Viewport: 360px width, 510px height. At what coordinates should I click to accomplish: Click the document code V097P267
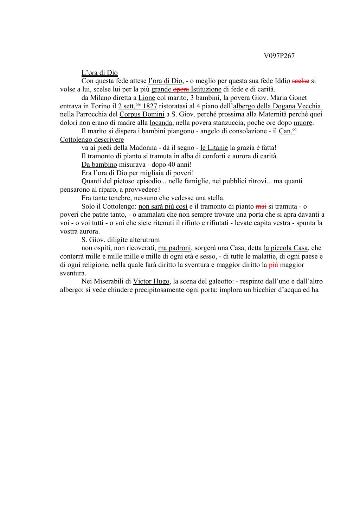[279, 56]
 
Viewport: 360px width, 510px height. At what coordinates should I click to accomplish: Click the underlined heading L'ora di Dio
[99, 73]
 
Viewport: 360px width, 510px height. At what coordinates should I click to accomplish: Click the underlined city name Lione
[147, 98]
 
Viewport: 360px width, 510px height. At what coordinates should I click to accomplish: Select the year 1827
[150, 106]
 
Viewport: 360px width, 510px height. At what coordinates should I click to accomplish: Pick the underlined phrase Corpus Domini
[142, 114]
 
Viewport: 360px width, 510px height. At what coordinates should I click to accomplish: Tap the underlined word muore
[303, 123]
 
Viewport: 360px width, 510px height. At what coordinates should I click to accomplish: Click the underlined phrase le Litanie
[214, 148]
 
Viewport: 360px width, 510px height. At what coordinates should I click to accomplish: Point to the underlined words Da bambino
[99, 165]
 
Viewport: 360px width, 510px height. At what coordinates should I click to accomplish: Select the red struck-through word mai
[261, 206]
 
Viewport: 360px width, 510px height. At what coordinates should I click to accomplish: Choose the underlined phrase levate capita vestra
[262, 223]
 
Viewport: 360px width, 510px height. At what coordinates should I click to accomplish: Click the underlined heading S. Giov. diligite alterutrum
[121, 240]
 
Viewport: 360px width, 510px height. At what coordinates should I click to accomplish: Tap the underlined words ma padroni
[174, 248]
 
